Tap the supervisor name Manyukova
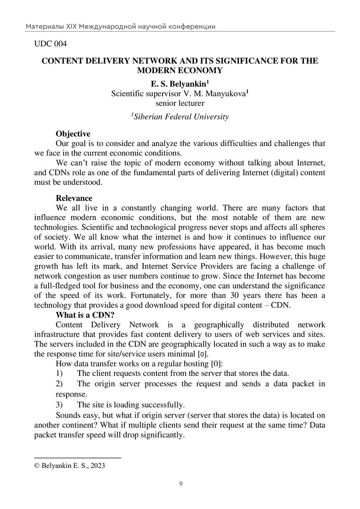click(x=224, y=94)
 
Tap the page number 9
click(x=180, y=484)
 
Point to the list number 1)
click(x=60, y=373)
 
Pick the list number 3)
click(x=60, y=404)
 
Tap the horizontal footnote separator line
click(x=78, y=457)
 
